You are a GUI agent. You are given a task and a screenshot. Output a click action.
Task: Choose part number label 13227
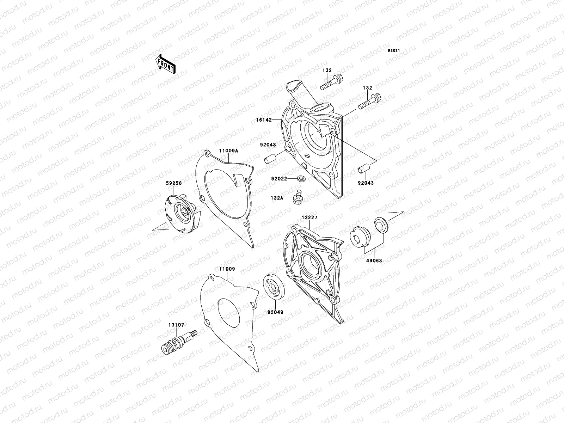(x=309, y=217)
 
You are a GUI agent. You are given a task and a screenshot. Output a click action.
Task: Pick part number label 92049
(x=275, y=312)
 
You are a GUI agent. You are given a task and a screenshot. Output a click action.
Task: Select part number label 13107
(x=176, y=325)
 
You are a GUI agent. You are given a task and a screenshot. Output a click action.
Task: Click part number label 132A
(x=277, y=198)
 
